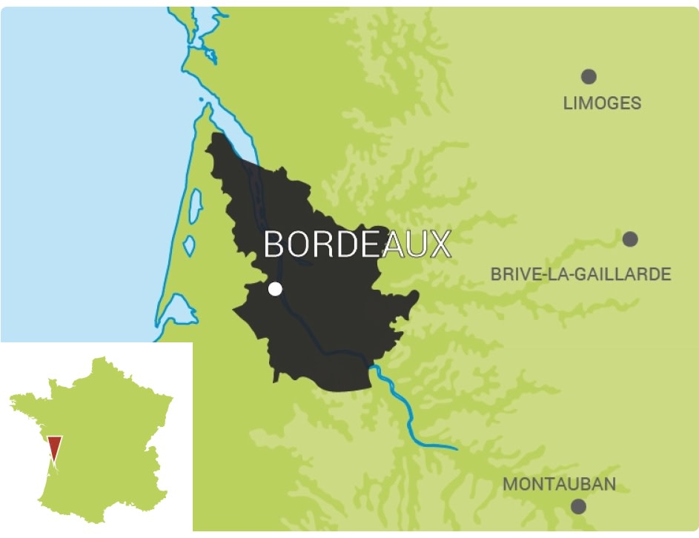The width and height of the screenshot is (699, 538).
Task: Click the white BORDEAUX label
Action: tap(357, 245)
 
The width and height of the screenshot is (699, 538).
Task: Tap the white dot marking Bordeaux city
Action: tap(275, 289)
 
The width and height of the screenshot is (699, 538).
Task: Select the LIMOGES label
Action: tap(602, 103)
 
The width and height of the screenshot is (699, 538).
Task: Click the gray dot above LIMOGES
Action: tap(589, 76)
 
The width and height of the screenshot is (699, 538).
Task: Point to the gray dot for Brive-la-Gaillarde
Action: tap(630, 239)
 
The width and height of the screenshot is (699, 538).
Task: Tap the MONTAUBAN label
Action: tap(559, 485)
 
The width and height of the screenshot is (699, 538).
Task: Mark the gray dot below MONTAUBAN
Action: tap(578, 507)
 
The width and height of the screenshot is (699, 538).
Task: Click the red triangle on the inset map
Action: tap(54, 448)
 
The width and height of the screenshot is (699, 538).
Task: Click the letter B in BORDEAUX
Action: tap(274, 245)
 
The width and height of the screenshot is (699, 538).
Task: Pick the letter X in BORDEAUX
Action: tap(440, 245)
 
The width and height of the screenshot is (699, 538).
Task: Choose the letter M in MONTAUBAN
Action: tap(511, 485)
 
